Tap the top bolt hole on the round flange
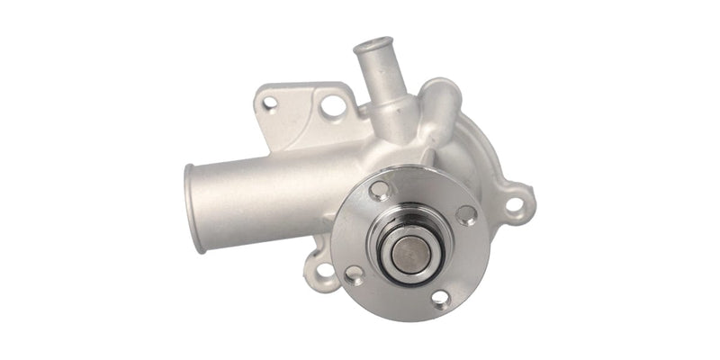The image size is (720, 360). point(379,190)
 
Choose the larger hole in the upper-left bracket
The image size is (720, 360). point(332,106)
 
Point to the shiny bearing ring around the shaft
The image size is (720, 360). point(402,262)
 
